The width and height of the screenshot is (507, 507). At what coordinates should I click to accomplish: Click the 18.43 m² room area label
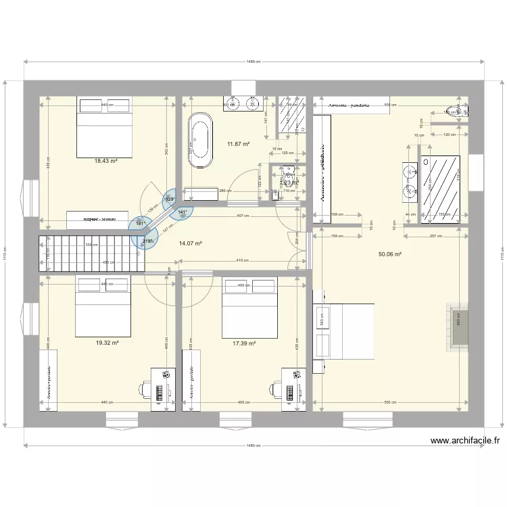tap(106, 161)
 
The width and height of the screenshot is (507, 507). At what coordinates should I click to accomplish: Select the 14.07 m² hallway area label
tap(190, 243)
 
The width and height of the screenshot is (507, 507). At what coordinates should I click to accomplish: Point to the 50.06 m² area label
tap(390, 255)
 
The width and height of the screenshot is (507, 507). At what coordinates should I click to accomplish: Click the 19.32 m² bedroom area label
tap(107, 343)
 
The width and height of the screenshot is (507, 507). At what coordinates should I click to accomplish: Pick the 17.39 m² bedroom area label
tap(243, 343)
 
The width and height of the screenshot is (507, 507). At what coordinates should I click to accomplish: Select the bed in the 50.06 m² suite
tap(344, 331)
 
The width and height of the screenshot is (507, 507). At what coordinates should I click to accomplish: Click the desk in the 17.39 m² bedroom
tap(293, 388)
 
